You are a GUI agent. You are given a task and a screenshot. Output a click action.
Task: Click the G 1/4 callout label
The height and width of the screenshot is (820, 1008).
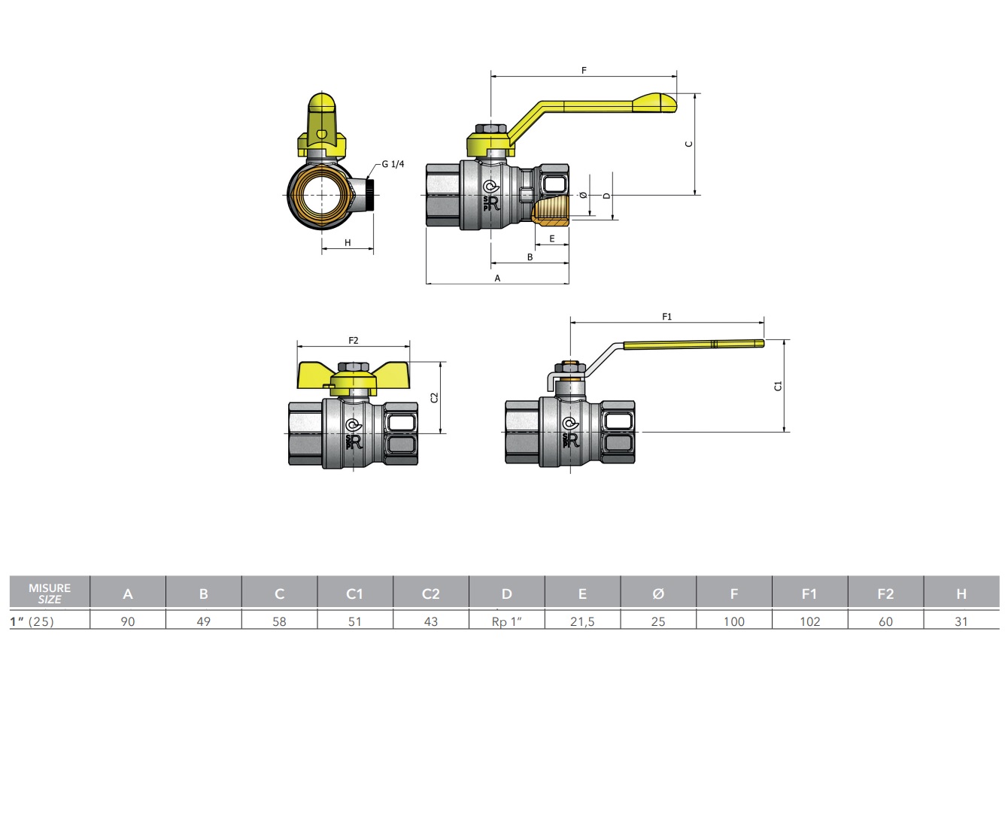(393, 164)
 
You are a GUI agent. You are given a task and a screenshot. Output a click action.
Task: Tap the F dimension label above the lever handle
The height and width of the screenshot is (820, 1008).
(584, 71)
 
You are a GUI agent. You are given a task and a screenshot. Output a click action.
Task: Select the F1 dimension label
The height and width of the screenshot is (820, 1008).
(666, 317)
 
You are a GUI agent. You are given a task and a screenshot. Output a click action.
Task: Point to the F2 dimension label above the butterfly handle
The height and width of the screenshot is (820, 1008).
(353, 341)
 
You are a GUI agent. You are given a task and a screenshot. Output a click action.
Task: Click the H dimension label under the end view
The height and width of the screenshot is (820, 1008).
(348, 243)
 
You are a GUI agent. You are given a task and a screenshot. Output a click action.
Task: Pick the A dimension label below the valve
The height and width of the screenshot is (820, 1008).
(497, 278)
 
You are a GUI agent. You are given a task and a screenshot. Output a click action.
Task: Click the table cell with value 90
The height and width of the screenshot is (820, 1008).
(128, 621)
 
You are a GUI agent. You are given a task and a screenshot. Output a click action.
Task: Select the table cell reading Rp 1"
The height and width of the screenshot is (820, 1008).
(506, 621)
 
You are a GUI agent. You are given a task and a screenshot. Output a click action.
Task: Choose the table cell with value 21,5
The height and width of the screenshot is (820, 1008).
(582, 621)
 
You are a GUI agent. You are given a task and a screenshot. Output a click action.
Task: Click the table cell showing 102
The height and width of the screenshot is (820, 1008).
(809, 621)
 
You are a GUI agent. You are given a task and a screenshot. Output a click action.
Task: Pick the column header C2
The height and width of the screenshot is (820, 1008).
(430, 594)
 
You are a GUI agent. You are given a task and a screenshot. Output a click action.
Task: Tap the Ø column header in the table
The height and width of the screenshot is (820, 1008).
(657, 594)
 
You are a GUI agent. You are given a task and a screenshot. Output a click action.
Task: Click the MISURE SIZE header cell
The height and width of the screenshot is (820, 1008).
(50, 594)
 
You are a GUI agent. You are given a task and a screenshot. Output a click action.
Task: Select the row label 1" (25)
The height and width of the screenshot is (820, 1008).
(32, 621)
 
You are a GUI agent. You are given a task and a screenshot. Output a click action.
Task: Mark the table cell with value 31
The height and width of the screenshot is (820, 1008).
(961, 621)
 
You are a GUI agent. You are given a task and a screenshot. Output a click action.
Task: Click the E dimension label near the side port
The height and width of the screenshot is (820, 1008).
(551, 238)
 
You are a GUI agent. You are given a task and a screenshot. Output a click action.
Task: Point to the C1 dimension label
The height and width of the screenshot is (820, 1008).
(778, 386)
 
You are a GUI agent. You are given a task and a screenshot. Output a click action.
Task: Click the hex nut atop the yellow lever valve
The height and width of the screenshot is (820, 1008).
(490, 129)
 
